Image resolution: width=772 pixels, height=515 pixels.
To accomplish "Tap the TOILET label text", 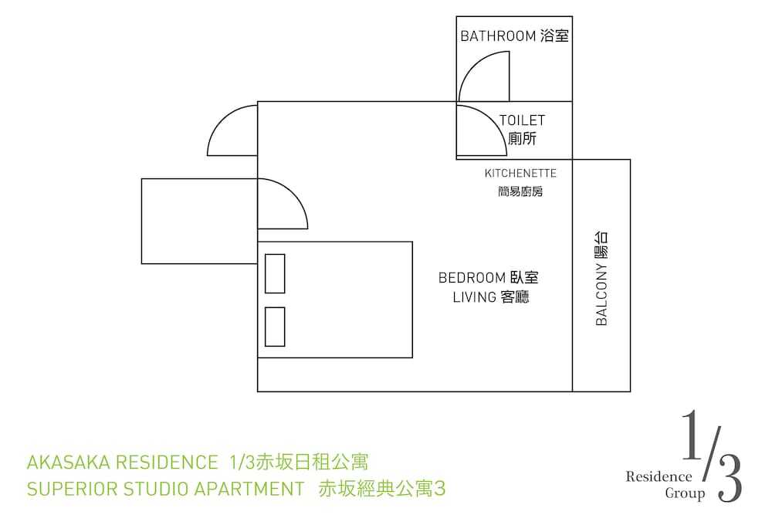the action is pyautogui.click(x=523, y=120).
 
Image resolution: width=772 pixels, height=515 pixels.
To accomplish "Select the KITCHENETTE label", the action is pyautogui.click(x=520, y=173).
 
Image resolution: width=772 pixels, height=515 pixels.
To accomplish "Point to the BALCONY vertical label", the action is pyautogui.click(x=601, y=278).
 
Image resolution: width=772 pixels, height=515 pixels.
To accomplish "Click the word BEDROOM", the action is pyautogui.click(x=466, y=278).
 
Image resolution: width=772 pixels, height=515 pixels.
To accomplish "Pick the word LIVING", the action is pyautogui.click(x=475, y=297).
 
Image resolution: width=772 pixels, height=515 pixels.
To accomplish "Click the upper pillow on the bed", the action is pyautogui.click(x=275, y=274).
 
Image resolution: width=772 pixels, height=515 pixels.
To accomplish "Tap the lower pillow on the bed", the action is pyautogui.click(x=275, y=327).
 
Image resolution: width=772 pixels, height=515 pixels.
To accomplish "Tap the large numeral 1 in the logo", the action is pyautogui.click(x=691, y=435).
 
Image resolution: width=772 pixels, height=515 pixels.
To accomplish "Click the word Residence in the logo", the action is pyautogui.click(x=659, y=476).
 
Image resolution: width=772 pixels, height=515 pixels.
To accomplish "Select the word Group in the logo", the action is pyautogui.click(x=685, y=493).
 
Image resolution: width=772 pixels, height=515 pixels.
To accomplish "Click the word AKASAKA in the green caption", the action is pyautogui.click(x=68, y=462).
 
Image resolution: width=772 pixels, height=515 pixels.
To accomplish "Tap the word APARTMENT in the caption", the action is pyautogui.click(x=249, y=489).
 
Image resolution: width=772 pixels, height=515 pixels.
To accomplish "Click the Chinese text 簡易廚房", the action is pyautogui.click(x=520, y=191).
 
